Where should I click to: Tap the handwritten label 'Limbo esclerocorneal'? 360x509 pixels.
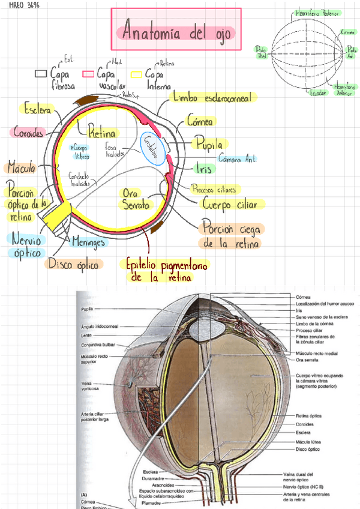(212, 97)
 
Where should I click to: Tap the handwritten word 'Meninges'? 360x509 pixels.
(88, 242)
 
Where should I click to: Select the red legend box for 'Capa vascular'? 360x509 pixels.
(88, 74)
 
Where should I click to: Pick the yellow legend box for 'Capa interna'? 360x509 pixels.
(137, 74)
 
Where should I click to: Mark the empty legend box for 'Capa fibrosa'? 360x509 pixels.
(41, 73)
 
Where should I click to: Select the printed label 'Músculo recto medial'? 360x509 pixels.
(315, 354)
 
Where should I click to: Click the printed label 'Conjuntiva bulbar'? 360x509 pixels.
(98, 345)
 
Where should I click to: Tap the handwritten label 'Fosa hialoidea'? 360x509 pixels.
(115, 149)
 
